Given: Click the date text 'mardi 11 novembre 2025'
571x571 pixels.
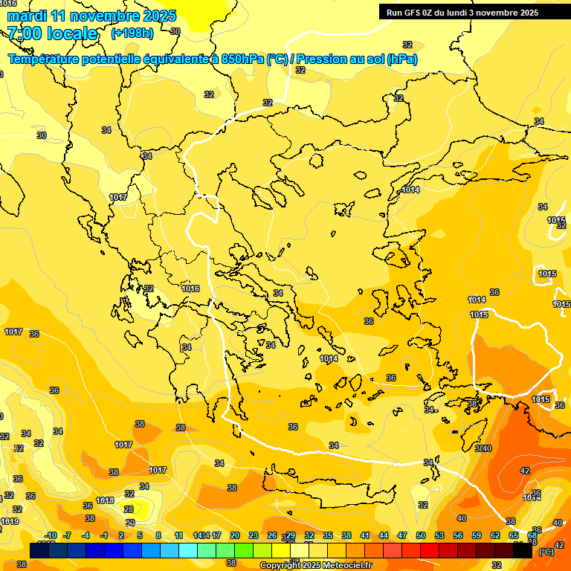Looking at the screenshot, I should [91, 16].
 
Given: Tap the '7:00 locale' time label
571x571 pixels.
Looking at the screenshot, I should [52, 33].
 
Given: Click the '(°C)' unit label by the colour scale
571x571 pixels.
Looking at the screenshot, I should [546, 552].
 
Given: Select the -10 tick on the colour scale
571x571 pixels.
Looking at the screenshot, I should [51, 535].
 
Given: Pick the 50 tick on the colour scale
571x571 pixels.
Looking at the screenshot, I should [421, 535].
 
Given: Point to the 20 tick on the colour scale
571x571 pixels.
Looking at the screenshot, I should [235, 535].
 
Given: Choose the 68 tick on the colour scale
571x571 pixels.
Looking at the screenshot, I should [532, 535].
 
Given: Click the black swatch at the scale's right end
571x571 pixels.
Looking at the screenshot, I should [523, 550].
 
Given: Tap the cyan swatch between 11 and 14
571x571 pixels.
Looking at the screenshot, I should [188, 550].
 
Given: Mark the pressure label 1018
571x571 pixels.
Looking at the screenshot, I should [105, 500].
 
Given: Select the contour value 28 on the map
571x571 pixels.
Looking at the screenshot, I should [129, 509].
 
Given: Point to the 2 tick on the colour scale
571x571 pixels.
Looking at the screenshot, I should [121, 535].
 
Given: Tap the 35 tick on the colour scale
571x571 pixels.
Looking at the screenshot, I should [328, 535].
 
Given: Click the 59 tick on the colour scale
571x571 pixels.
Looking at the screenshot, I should [477, 535].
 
